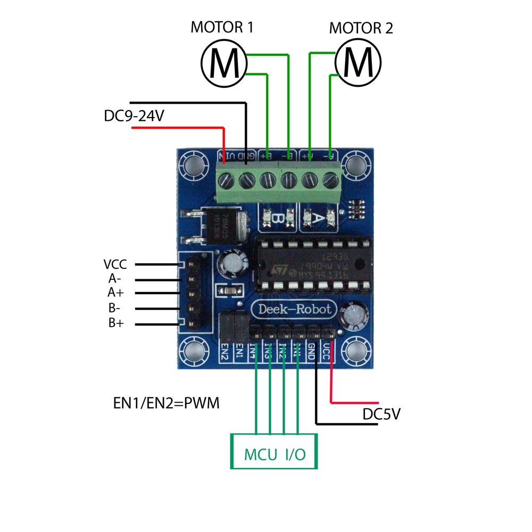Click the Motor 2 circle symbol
coord(359,63)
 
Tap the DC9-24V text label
coord(134,116)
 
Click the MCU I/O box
coord(274,451)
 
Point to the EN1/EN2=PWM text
coord(167,403)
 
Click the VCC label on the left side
coord(115,264)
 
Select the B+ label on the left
coord(115,322)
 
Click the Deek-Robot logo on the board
coord(294,309)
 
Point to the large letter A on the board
coord(318,218)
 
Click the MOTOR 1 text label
coord(222,28)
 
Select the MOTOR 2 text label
coord(361,28)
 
